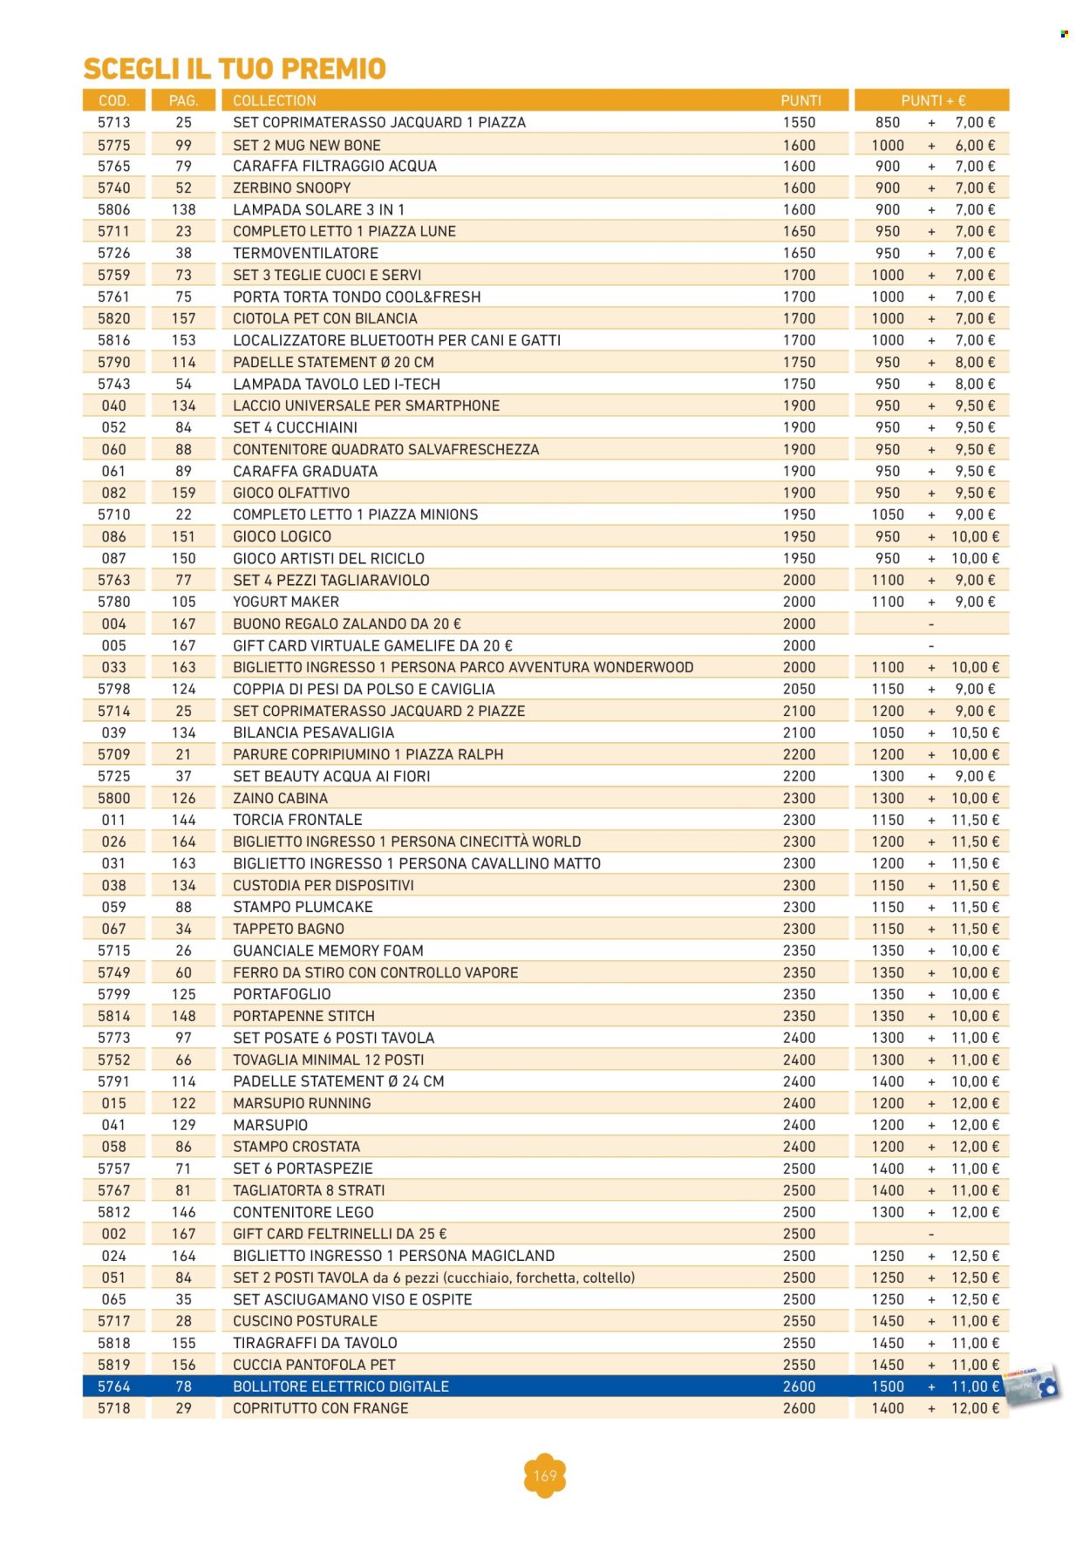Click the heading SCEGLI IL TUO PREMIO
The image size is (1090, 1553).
pyautogui.click(x=235, y=68)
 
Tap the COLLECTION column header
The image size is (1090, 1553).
pyautogui.click(x=274, y=100)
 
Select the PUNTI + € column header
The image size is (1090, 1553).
pyautogui.click(x=932, y=100)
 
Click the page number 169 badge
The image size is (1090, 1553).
pyautogui.click(x=545, y=1475)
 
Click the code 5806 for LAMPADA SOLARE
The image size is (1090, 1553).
pyautogui.click(x=114, y=209)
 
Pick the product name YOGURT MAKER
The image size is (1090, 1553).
pyautogui.click(x=285, y=602)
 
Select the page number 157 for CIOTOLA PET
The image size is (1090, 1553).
pyautogui.click(x=183, y=318)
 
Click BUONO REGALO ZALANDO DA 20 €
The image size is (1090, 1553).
pyautogui.click(x=346, y=623)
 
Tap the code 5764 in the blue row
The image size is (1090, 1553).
pyautogui.click(x=114, y=1386)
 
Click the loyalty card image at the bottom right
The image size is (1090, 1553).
pyautogui.click(x=1032, y=1385)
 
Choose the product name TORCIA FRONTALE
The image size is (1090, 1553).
pyautogui.click(x=297, y=820)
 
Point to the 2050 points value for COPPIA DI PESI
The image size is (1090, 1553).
pyautogui.click(x=799, y=689)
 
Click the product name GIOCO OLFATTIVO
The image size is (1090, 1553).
pyautogui.click(x=290, y=493)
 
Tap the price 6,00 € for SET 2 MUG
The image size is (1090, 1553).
pyautogui.click(x=974, y=145)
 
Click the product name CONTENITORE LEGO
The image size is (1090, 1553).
pyautogui.click(x=303, y=1212)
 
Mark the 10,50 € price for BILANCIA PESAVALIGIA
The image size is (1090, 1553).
pyautogui.click(x=974, y=732)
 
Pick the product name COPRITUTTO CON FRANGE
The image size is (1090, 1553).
pyautogui.click(x=320, y=1408)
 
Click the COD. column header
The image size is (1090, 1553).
pyautogui.click(x=114, y=100)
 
